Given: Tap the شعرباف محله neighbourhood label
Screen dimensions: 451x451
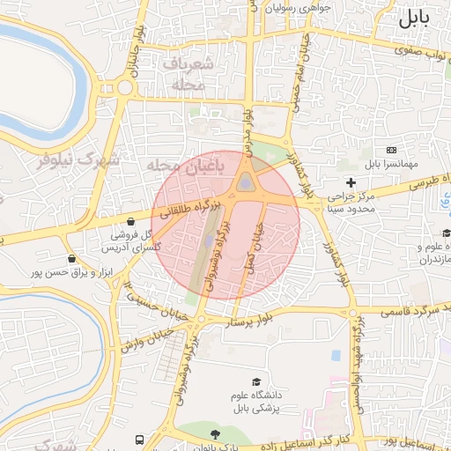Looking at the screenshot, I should (x=189, y=74).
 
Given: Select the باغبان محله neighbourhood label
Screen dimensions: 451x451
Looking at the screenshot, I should (x=187, y=165).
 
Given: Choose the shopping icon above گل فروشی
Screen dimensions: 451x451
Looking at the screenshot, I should (x=131, y=222).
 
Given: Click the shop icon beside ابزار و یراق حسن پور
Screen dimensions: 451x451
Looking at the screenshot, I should (x=71, y=259).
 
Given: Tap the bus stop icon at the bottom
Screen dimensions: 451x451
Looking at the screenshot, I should (x=139, y=440).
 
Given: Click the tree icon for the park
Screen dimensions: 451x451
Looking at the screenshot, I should (x=215, y=434).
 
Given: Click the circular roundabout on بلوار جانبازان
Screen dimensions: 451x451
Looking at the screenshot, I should (x=124, y=86).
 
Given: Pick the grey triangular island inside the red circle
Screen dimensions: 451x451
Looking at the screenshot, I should (x=244, y=182).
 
